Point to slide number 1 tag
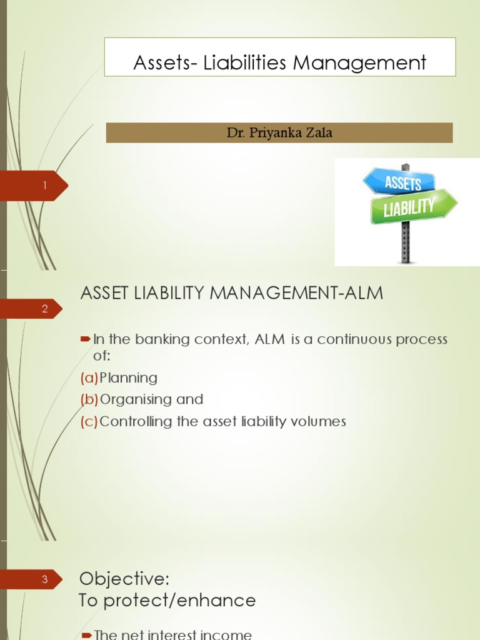click(45, 186)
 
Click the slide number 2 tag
click(45, 309)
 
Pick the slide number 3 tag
click(45, 579)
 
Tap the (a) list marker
click(89, 378)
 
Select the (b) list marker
click(89, 399)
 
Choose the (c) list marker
click(89, 421)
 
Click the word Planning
click(129, 378)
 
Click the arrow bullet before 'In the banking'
click(86, 339)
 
